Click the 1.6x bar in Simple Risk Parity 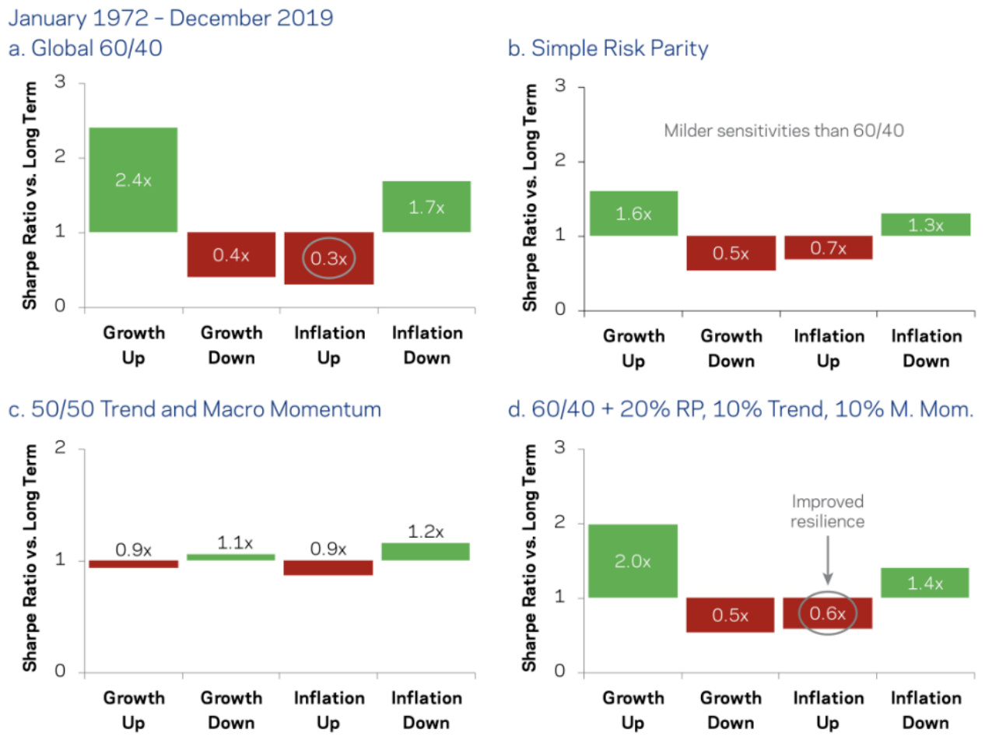(633, 212)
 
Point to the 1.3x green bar (925, 224)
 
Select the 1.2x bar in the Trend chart (425, 551)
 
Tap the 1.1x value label (230, 542)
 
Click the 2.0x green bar (633, 560)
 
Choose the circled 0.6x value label (827, 612)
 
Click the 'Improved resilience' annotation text (827, 511)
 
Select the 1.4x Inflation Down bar (925, 583)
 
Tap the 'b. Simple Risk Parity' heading (608, 48)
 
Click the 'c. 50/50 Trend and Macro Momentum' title (195, 409)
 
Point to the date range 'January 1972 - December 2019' (170, 16)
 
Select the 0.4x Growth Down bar (230, 254)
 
